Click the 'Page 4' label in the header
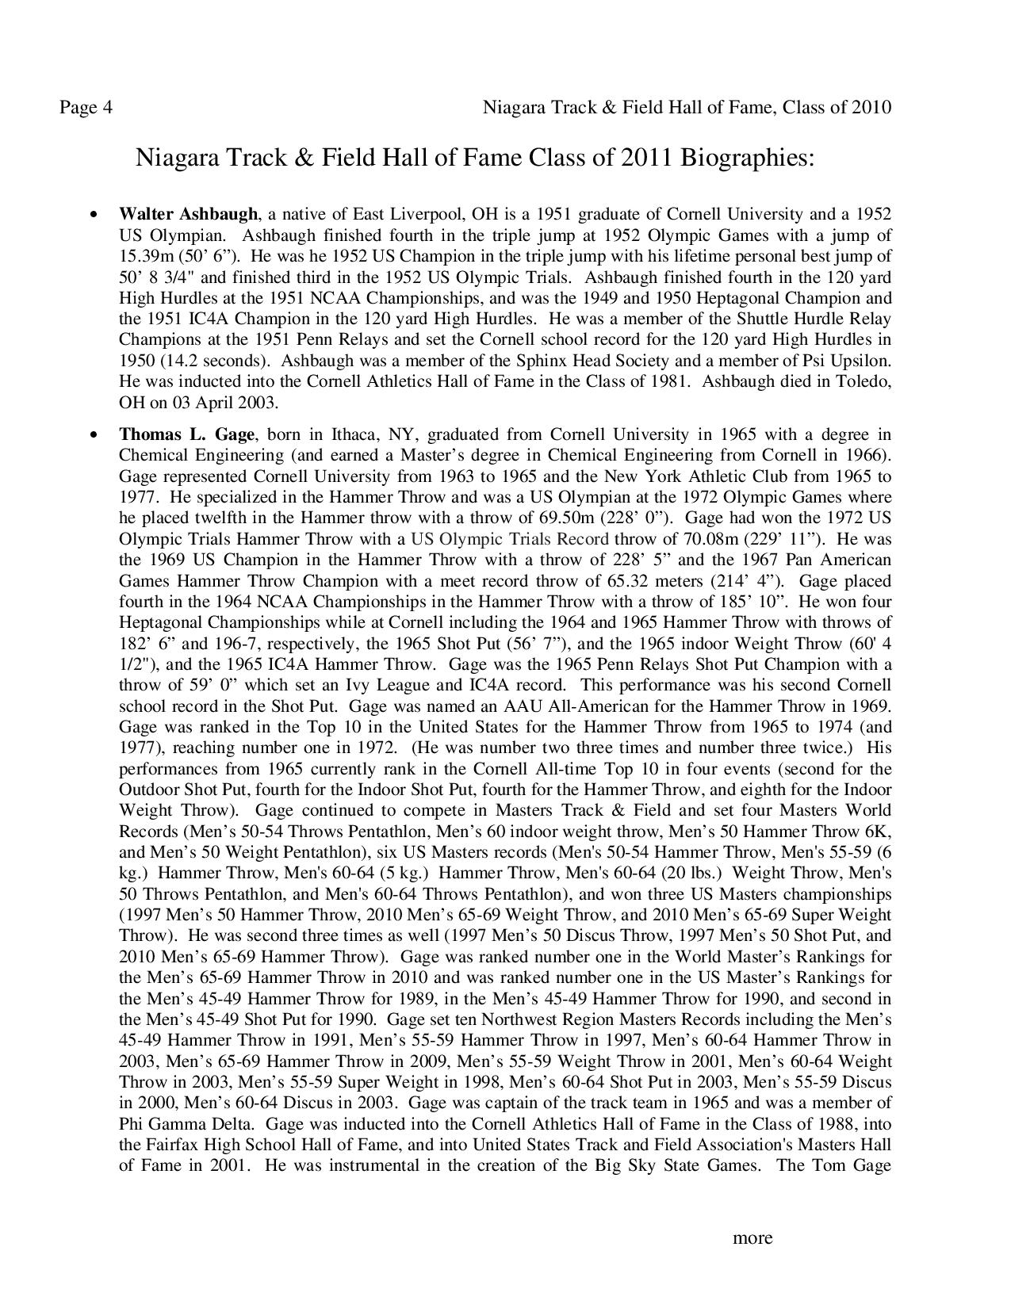86,107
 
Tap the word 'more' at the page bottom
752,1237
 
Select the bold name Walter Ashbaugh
189,214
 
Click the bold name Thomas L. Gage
187,434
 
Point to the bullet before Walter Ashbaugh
94,215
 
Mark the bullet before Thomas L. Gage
94,435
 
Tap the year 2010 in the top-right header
871,107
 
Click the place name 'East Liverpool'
408,214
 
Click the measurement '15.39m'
148,256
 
